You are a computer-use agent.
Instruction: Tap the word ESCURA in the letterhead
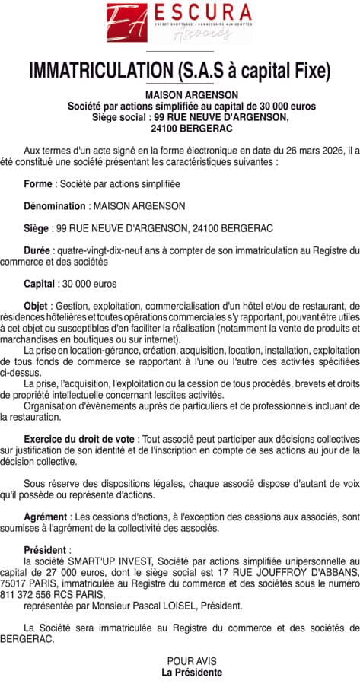tap(193, 14)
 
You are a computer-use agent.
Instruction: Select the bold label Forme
tap(38, 184)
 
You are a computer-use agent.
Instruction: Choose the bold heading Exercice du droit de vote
tap(80, 440)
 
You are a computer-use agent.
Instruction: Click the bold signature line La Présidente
tap(192, 673)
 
